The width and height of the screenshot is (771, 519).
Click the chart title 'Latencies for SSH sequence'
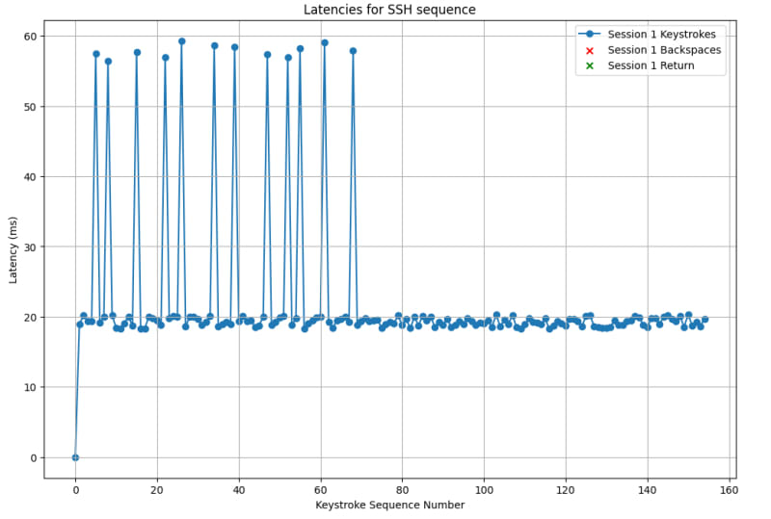pos(388,11)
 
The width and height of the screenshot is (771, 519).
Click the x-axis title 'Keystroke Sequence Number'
pos(388,505)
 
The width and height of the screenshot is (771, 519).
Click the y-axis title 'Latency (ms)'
pos(13,249)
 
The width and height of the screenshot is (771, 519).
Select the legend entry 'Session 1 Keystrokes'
pos(661,35)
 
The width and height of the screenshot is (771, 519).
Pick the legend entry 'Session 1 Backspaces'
pos(664,50)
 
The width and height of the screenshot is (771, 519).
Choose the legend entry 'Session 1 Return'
pos(651,65)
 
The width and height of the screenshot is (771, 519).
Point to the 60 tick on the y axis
pos(30,37)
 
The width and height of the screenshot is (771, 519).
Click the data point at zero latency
pos(75,457)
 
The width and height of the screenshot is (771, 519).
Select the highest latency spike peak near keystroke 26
pos(181,41)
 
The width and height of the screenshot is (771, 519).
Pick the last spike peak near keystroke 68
pos(353,51)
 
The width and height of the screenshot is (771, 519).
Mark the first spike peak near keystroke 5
pos(95,54)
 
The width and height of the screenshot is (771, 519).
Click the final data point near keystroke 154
pos(705,319)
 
